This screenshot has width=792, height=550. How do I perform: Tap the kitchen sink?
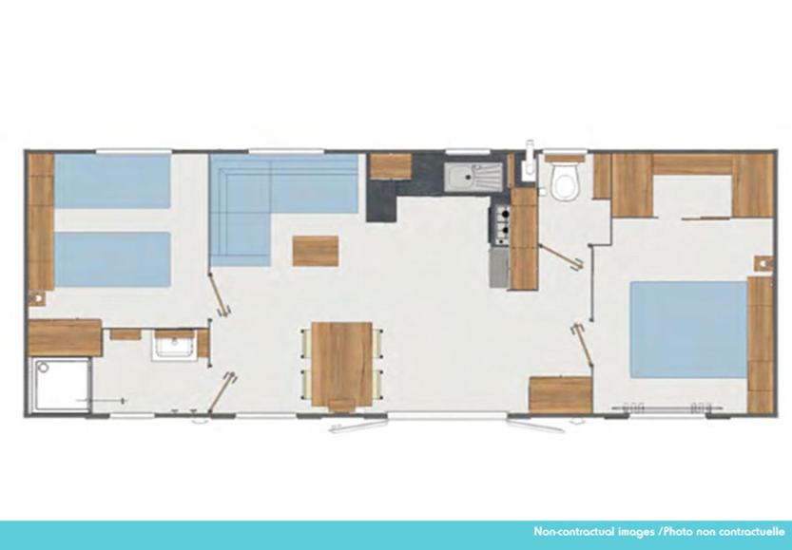point(473,177)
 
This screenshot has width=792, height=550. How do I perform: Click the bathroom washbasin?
point(174,346)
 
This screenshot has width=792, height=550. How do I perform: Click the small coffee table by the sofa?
point(316,251)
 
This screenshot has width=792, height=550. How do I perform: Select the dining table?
point(342,365)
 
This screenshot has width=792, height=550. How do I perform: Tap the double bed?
point(688,330)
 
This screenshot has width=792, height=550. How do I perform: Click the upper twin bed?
point(112,181)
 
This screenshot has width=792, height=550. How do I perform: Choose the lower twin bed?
point(112,259)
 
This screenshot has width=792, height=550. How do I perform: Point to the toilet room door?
point(561,256)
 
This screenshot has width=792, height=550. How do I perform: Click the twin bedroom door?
point(220,295)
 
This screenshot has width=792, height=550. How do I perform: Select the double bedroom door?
point(583,346)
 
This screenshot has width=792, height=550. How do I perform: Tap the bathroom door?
point(222,392)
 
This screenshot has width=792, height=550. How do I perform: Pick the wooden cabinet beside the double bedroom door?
point(560,395)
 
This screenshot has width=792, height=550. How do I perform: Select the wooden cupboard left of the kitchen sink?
point(391,166)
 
